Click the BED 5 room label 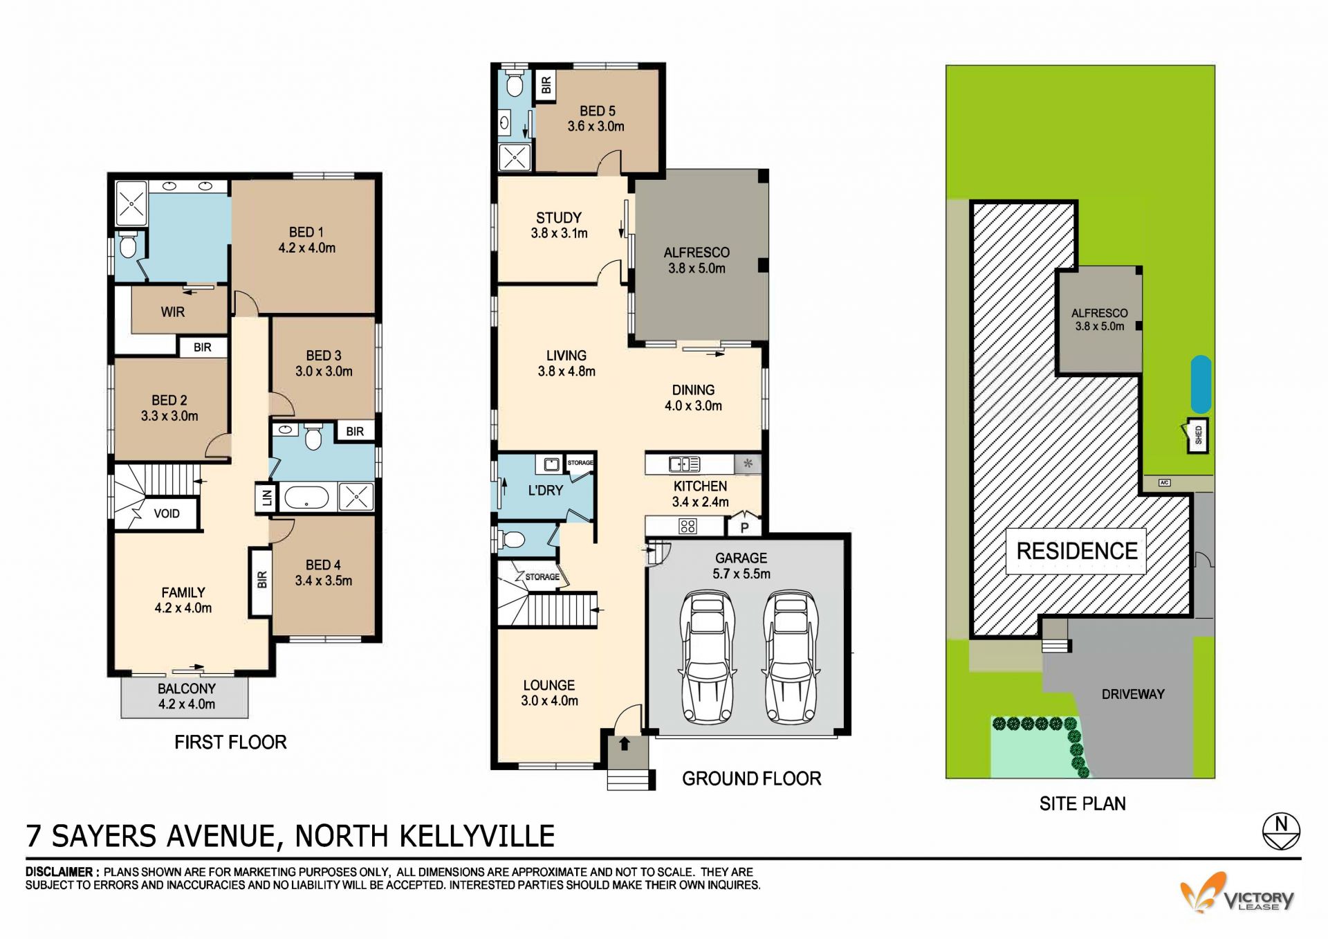[x=597, y=111]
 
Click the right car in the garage [x=791, y=656]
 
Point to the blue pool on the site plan [x=1201, y=385]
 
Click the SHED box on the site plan [x=1198, y=435]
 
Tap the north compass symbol [x=1281, y=831]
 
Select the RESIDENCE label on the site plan [x=1076, y=551]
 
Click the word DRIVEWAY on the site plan [x=1133, y=694]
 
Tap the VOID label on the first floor [x=167, y=513]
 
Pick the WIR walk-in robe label [x=173, y=312]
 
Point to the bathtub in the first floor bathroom [x=307, y=497]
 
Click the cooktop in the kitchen [x=688, y=526]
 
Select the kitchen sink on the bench [x=684, y=464]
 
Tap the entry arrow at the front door [x=625, y=744]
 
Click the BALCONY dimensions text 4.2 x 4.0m [x=186, y=704]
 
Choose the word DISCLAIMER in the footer [x=59, y=872]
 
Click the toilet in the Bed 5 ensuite [x=514, y=84]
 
